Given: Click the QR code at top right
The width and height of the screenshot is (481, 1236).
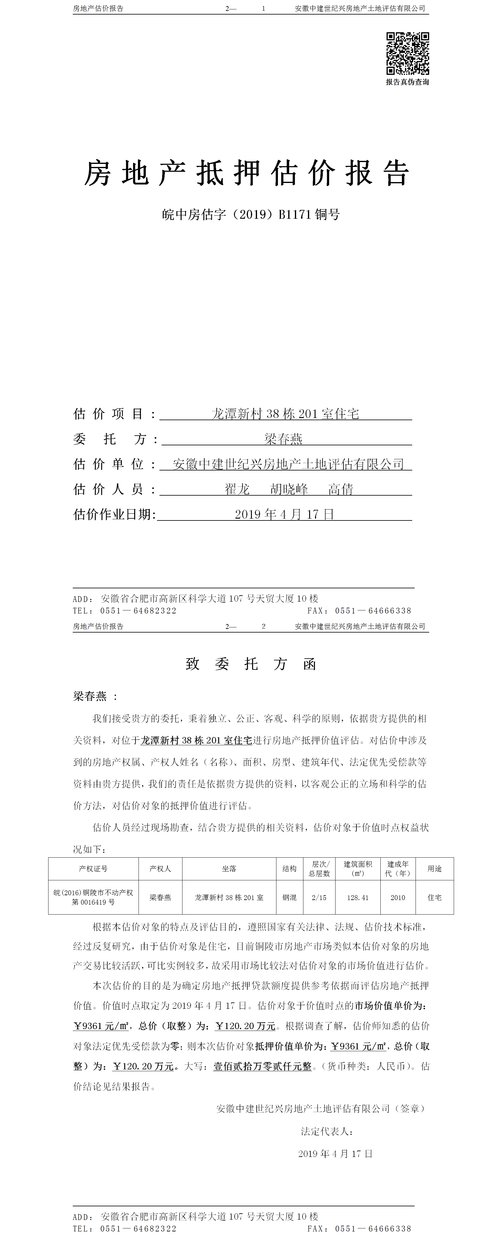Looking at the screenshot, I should pyautogui.click(x=408, y=53).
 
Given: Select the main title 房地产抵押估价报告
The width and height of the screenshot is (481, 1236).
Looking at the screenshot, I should pyautogui.click(x=247, y=173).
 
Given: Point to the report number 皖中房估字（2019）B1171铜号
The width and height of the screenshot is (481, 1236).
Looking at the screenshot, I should pyautogui.click(x=251, y=214).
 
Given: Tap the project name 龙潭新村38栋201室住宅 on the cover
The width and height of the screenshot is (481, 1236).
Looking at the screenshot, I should pyautogui.click(x=285, y=414).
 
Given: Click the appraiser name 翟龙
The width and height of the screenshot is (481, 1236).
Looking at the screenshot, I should pyautogui.click(x=237, y=489).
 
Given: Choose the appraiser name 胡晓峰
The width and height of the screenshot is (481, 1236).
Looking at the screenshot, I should pyautogui.click(x=289, y=489).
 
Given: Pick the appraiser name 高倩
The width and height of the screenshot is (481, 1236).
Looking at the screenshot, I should pyautogui.click(x=341, y=489).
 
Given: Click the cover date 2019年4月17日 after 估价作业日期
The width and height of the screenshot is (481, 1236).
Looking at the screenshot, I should pyautogui.click(x=284, y=514).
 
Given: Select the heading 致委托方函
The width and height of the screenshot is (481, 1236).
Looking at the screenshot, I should pyautogui.click(x=251, y=664).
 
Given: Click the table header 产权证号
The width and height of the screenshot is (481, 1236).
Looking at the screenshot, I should pyautogui.click(x=93, y=869).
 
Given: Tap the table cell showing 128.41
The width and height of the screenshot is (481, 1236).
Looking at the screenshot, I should pyautogui.click(x=358, y=897).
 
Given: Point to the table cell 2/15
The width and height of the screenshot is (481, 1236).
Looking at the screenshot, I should pyautogui.click(x=319, y=897).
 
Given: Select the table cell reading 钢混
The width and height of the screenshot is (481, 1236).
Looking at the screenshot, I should pyautogui.click(x=289, y=897).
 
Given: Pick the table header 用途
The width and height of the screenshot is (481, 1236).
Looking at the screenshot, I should pyautogui.click(x=434, y=869).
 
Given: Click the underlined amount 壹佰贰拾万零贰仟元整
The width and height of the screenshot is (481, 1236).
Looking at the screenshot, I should pyautogui.click(x=262, y=1066).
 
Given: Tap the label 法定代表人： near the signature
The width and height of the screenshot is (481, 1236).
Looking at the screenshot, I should pyautogui.click(x=327, y=1131).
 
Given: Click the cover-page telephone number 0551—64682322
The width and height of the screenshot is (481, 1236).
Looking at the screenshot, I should pyautogui.click(x=138, y=611).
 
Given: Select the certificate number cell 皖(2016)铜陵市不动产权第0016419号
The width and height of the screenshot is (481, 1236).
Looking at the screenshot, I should pyautogui.click(x=93, y=897).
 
